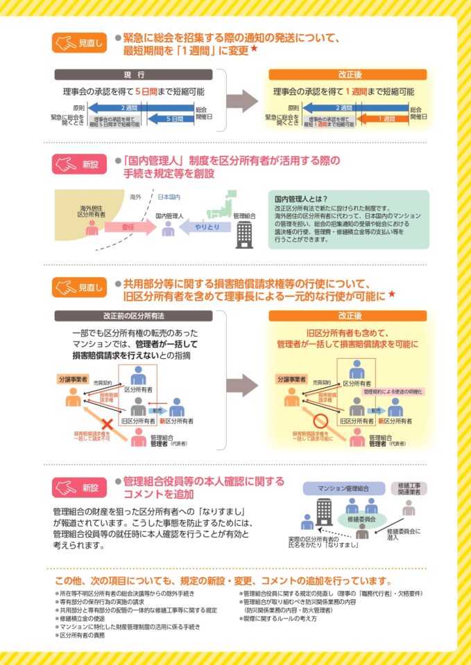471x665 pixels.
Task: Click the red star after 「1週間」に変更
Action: (255, 50)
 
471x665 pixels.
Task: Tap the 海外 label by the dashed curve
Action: (136, 197)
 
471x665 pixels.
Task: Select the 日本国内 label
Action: (169, 197)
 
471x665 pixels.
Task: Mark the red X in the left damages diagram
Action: (108, 423)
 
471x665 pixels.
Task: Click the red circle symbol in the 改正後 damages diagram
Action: (320, 422)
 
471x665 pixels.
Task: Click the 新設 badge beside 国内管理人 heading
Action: (79, 164)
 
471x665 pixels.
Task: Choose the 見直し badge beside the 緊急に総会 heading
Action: (79, 43)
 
